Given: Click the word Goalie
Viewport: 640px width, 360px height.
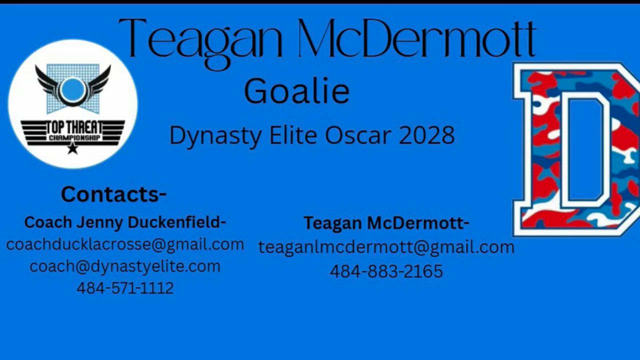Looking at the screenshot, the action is point(297,91).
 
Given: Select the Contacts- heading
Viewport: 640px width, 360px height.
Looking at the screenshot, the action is point(113,194).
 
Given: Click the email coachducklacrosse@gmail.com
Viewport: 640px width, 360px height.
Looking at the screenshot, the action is point(125,245).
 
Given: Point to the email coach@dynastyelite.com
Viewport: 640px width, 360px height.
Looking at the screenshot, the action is point(125,266).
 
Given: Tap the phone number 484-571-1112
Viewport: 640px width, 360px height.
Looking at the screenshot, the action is point(125,287).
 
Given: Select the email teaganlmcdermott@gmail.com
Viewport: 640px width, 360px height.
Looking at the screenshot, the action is point(386,247).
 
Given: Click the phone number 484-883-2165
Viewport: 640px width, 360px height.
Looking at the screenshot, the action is point(386,271).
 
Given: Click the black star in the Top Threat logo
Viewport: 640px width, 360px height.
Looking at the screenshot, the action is point(73,148).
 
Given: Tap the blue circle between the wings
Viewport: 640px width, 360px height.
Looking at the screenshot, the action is point(73,89).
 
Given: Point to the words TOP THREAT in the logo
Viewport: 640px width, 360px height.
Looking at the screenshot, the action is point(73,127).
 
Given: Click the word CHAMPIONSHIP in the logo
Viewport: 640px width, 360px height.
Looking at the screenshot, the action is point(74,138).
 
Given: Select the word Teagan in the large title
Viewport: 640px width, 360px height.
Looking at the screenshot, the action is point(200,43).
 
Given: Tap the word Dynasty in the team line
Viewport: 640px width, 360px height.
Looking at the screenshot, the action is point(215,136).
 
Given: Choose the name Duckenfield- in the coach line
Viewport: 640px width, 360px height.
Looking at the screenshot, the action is point(177,222).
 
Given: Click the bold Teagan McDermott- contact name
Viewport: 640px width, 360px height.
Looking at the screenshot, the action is point(386,223).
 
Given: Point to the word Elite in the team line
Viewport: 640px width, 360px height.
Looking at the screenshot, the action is point(293,135).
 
